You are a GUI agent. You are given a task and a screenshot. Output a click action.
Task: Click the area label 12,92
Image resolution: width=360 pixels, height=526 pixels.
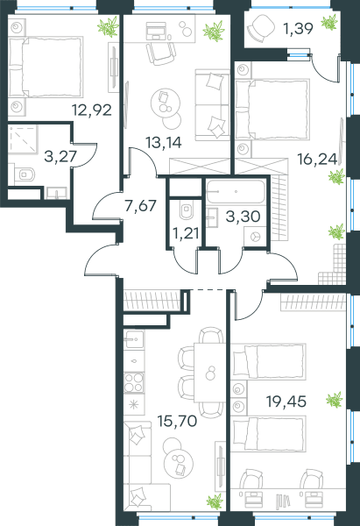click(92, 110)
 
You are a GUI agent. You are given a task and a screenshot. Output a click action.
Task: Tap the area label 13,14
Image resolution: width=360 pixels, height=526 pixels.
click(164, 143)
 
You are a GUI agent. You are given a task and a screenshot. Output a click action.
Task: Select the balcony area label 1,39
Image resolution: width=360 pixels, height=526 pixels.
click(299, 29)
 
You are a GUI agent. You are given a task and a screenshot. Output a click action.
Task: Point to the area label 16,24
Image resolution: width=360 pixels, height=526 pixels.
click(317, 159)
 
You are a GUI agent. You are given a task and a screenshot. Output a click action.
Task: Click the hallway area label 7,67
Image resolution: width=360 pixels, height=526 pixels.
click(140, 205)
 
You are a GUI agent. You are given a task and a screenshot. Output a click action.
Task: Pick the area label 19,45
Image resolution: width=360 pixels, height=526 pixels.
click(286, 401)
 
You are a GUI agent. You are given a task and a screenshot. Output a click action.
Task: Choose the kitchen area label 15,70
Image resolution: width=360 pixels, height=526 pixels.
click(177, 421)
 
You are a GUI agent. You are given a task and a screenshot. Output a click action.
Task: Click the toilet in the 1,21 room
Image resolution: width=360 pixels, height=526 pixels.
click(186, 210)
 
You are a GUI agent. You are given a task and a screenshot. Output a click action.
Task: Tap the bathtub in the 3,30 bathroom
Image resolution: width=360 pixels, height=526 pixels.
click(236, 191)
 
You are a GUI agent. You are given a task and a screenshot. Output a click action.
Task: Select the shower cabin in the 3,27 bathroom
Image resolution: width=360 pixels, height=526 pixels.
click(23, 139)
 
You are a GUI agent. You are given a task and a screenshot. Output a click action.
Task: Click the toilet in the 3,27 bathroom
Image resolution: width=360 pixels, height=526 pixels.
click(25, 174)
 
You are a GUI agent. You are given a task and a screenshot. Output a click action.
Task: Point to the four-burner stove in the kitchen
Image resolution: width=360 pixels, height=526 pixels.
click(134, 383)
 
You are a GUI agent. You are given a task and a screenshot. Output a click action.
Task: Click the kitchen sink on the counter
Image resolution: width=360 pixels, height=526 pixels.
click(134, 339)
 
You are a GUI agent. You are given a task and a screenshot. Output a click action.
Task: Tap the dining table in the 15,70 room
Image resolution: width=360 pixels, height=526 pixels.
click(210, 373)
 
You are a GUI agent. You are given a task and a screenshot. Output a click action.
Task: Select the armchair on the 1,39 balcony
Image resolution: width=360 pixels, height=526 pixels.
click(261, 28)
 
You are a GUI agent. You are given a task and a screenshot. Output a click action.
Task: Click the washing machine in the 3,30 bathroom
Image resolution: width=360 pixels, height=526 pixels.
click(255, 237)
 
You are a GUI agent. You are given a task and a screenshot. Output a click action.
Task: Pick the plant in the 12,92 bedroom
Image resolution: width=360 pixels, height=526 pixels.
click(109, 26)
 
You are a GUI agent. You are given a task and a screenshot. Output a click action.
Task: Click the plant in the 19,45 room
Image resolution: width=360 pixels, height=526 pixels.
click(335, 400)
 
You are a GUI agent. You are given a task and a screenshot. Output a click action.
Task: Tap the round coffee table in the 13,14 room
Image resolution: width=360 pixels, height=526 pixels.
click(166, 103)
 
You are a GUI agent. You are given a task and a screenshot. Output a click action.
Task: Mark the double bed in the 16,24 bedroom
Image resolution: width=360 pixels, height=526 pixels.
click(272, 109)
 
